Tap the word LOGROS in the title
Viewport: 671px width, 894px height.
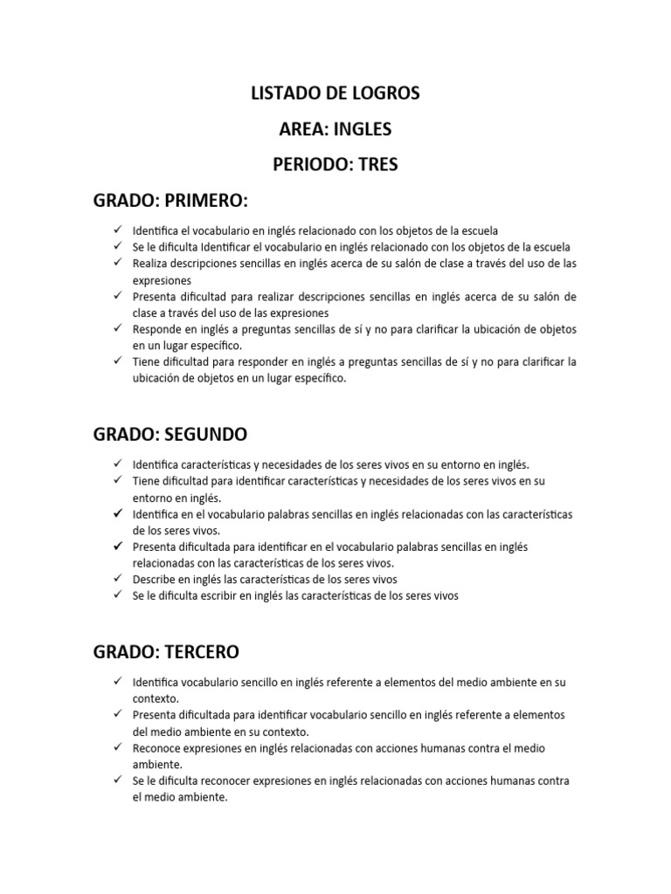(x=385, y=93)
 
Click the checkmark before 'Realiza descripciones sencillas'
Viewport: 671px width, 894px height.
(x=116, y=262)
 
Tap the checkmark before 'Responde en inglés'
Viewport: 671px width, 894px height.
(x=116, y=328)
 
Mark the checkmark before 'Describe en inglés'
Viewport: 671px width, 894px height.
(x=116, y=579)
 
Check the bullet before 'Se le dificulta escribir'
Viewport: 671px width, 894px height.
(x=116, y=595)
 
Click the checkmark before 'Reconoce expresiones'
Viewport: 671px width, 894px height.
(x=116, y=748)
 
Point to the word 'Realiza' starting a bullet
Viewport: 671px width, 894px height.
(x=149, y=263)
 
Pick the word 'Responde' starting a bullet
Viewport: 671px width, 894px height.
(x=156, y=329)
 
